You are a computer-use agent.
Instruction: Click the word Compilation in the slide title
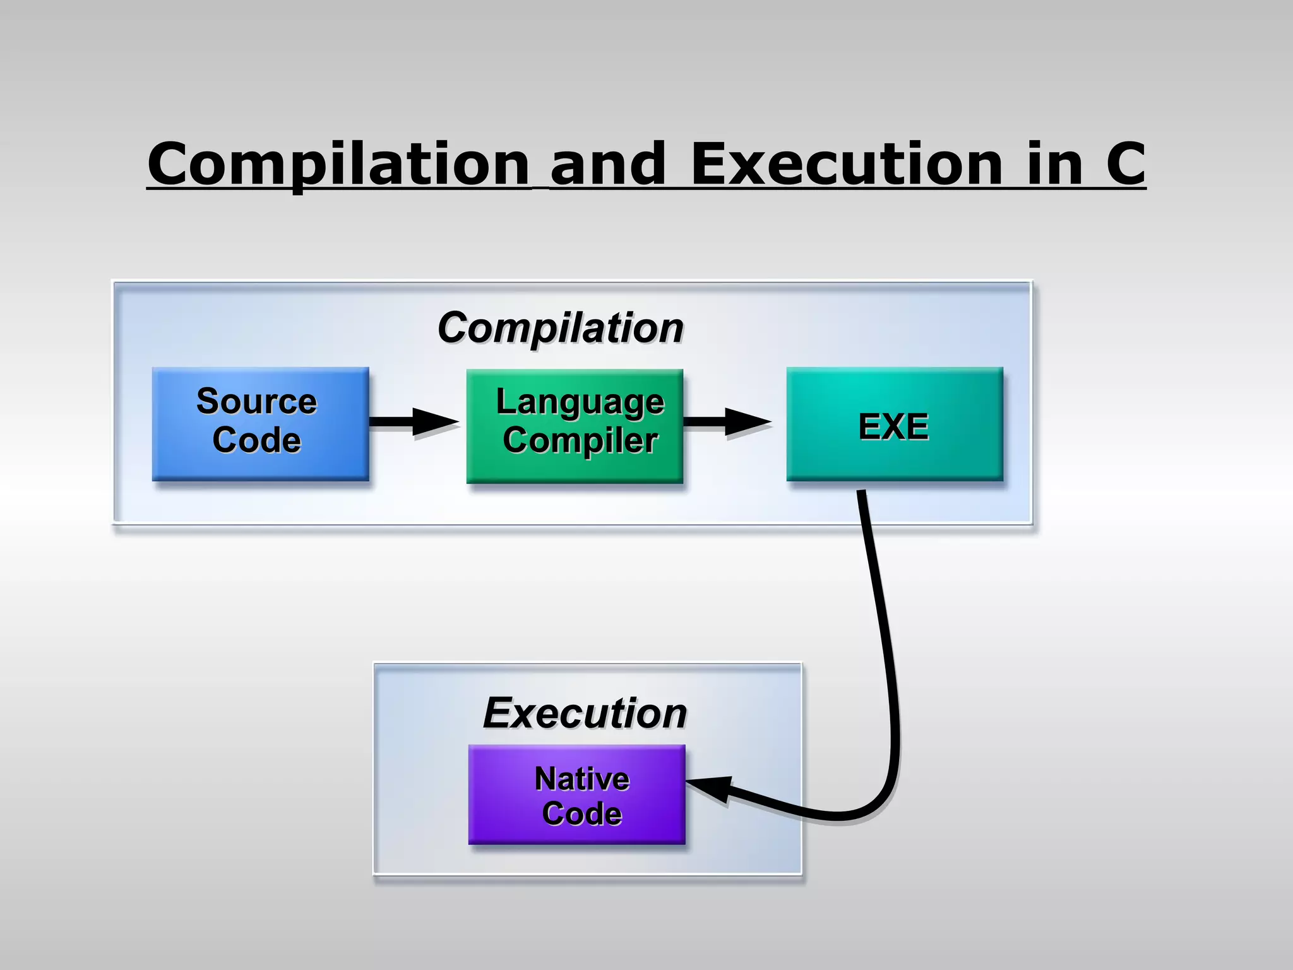click(338, 164)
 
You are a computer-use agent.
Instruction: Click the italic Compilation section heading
click(561, 328)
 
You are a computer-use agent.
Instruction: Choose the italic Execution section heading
click(585, 713)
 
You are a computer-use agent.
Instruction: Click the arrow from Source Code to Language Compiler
click(414, 422)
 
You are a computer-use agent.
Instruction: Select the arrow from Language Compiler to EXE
click(726, 422)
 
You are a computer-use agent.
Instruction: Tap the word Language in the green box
click(580, 402)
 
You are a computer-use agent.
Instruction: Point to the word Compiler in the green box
click(580, 440)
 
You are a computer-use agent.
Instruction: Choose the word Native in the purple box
click(581, 779)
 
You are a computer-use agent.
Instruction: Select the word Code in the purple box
click(581, 813)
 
